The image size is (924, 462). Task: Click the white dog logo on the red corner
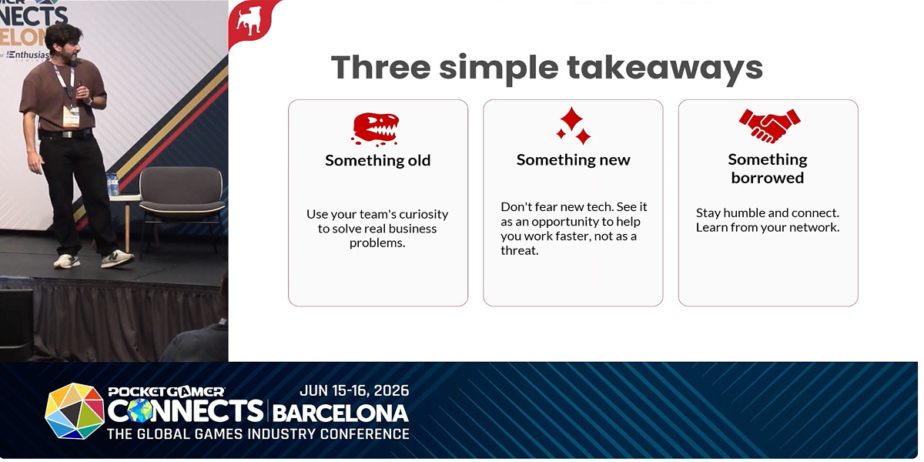click(249, 20)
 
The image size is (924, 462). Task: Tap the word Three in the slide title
click(381, 67)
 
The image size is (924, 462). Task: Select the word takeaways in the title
click(665, 69)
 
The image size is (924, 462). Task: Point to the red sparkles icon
click(574, 126)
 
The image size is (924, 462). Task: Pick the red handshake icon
click(769, 126)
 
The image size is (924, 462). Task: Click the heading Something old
click(378, 160)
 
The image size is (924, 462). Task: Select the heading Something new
click(573, 160)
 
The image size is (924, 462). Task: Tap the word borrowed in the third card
click(768, 178)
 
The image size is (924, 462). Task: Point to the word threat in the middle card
click(519, 251)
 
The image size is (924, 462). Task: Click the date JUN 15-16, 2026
click(354, 390)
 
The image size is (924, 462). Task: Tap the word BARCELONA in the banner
click(340, 413)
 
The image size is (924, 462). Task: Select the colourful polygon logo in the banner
click(75, 411)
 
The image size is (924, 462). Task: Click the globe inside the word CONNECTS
click(139, 411)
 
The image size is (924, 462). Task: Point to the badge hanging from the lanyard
click(71, 117)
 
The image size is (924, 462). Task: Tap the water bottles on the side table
click(112, 184)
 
